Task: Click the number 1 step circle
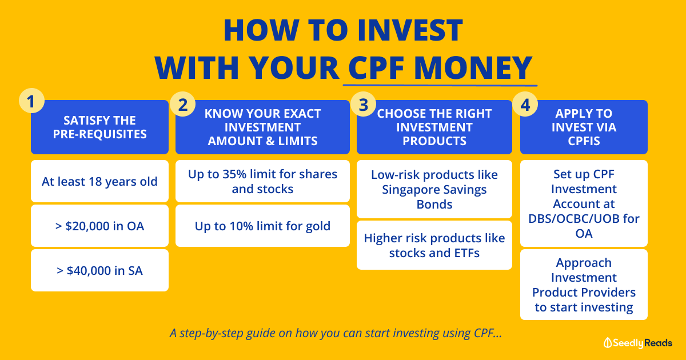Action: [31, 101]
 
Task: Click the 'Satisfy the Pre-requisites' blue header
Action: [99, 127]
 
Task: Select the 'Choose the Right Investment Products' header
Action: [434, 127]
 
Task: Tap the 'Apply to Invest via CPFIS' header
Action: [584, 127]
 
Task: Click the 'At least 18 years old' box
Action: [99, 182]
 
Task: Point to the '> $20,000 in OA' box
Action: [99, 226]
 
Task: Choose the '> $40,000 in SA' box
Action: [99, 270]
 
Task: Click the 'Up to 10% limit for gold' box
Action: [262, 226]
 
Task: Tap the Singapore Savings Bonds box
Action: [434, 189]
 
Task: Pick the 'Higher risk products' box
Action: [434, 245]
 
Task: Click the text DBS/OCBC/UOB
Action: [584, 218]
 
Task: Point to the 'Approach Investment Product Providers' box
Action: [584, 285]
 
